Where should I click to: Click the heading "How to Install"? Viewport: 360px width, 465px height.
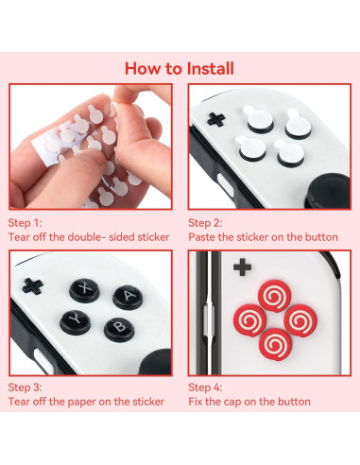pos(180,68)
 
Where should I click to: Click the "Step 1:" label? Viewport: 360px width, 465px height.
pos(27,222)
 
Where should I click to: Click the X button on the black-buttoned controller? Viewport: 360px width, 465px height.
pos(88,289)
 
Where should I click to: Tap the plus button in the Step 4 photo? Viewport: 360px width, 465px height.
pos(242,267)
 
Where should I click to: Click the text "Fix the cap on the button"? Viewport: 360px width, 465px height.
pos(249,402)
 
